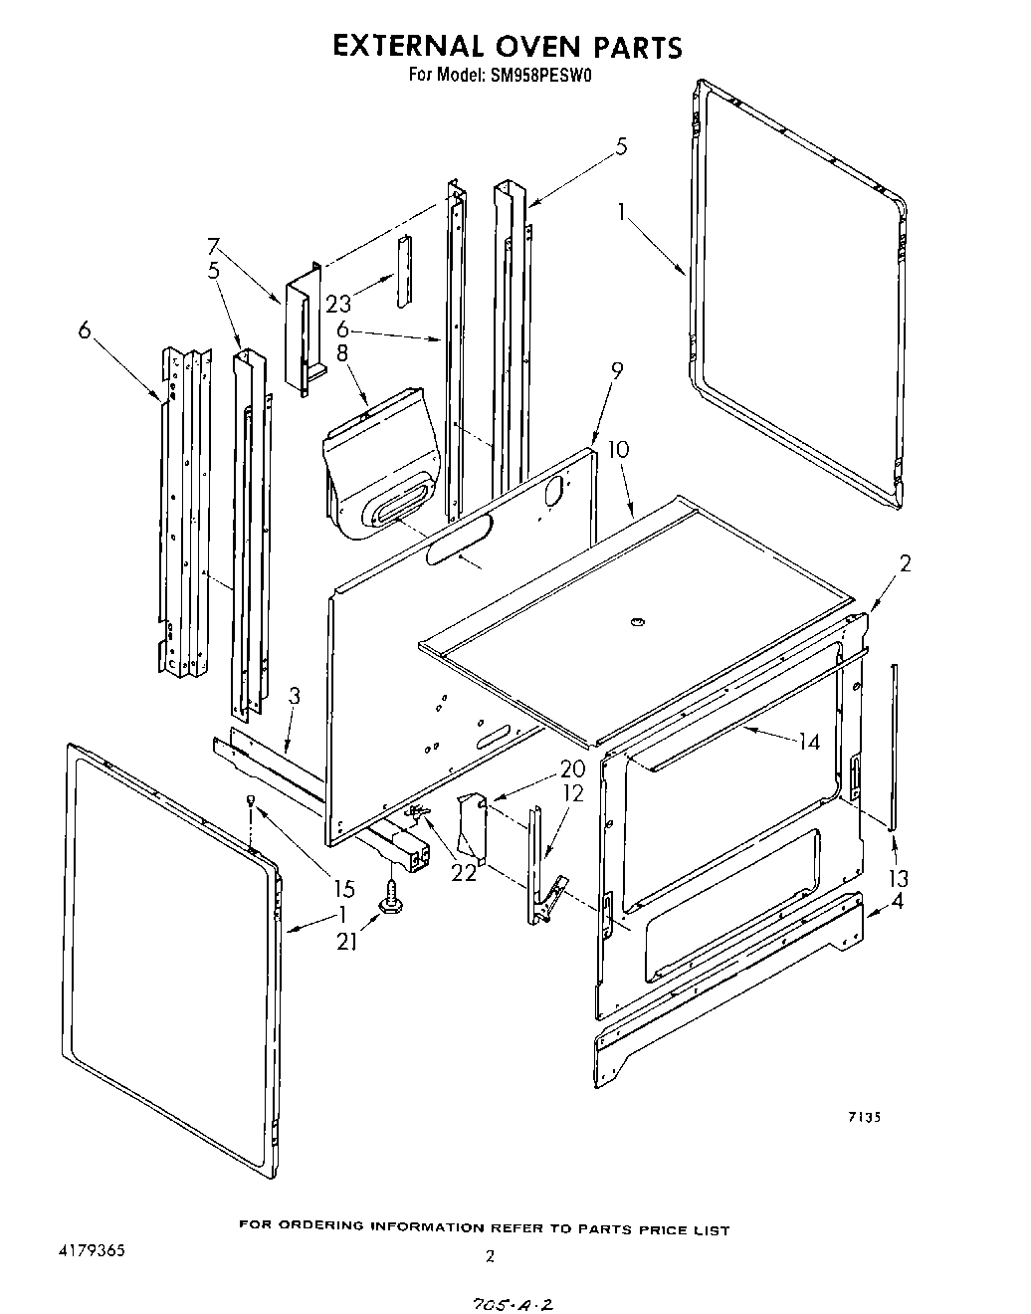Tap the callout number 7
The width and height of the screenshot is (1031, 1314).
[213, 246]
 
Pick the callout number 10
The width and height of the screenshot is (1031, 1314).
[618, 449]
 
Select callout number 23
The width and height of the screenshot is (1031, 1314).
[338, 304]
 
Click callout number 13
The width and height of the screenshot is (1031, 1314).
[899, 878]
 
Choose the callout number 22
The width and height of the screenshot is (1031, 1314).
[464, 872]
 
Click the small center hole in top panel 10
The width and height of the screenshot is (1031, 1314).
[634, 622]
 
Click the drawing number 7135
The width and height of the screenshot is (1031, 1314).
[863, 1117]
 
